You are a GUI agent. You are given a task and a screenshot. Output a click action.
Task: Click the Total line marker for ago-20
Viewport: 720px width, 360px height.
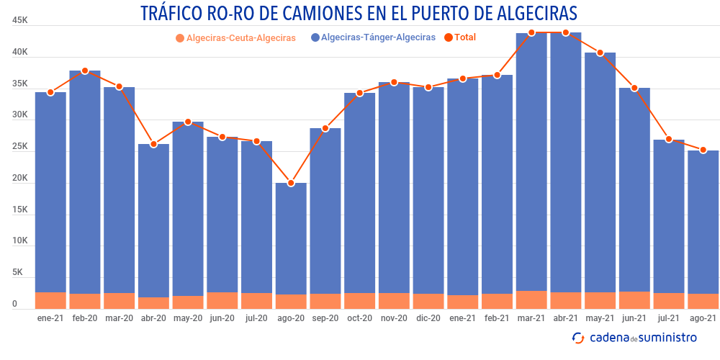tap(291, 183)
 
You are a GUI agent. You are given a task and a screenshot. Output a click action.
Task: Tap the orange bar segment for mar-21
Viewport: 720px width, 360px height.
tap(531, 300)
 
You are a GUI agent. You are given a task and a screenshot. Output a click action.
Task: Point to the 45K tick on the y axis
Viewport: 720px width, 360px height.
tap(20, 22)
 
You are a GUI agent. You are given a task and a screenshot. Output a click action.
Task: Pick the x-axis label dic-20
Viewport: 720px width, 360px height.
tap(428, 318)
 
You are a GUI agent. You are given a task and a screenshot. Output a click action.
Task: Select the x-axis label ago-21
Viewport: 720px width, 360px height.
tap(703, 318)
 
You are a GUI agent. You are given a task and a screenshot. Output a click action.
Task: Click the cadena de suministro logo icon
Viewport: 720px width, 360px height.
tap(578, 338)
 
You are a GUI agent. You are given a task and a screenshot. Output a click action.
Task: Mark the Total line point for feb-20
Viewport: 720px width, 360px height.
tap(85, 71)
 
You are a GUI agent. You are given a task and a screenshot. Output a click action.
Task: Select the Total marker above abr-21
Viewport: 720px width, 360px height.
tap(566, 32)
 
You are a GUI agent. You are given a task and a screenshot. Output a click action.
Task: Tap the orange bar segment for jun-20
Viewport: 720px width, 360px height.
tap(222, 300)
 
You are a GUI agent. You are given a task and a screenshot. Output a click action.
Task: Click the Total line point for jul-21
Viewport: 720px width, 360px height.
tap(669, 139)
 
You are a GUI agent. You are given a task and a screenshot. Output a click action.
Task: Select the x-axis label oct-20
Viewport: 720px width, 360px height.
tap(359, 318)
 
